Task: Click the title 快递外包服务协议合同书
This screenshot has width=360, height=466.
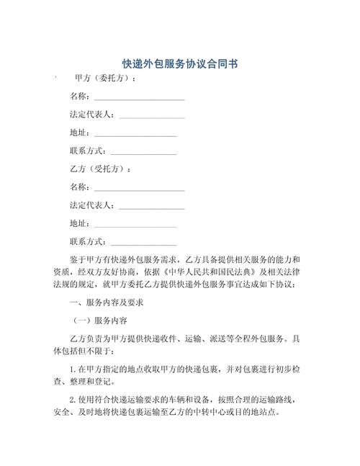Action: tap(180, 64)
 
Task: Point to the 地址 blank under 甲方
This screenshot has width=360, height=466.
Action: tap(135, 134)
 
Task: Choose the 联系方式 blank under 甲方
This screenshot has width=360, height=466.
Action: tap(143, 152)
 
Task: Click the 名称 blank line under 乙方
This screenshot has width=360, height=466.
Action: tap(139, 188)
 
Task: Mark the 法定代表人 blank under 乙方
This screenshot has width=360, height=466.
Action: tap(151, 206)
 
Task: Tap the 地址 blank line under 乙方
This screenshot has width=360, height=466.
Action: tap(135, 224)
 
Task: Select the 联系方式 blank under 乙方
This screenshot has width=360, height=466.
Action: tap(143, 242)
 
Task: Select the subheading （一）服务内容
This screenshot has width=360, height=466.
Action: tap(102, 321)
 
